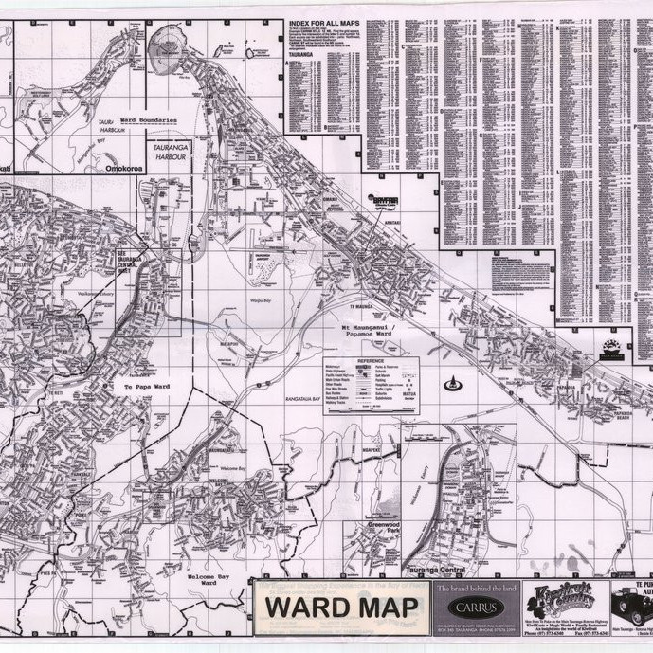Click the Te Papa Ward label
coord(146,387)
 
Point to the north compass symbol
coord(453,384)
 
